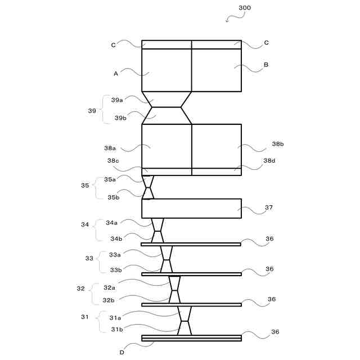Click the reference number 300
(245, 8)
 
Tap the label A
(116, 73)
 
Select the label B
(265, 65)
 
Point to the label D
(122, 353)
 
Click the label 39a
(117, 100)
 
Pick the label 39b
(120, 118)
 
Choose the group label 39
(92, 111)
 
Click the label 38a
(110, 148)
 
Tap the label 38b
(278, 145)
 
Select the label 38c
(113, 160)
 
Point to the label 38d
(269, 160)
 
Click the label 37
(269, 207)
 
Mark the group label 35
(85, 185)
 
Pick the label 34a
(112, 222)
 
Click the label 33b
(115, 270)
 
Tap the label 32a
(109, 287)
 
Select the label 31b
(116, 330)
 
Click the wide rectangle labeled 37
(191, 208)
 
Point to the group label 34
(85, 224)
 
